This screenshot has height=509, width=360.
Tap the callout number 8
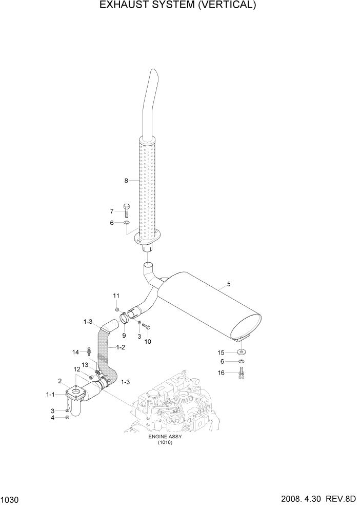click(x=126, y=180)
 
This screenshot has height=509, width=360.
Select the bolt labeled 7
click(x=127, y=210)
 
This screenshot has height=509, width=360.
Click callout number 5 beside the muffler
click(x=229, y=283)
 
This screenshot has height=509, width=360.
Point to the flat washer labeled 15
click(x=241, y=353)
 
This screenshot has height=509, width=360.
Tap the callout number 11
click(x=116, y=296)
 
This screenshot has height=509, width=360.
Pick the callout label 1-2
click(x=121, y=347)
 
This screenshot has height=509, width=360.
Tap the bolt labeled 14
click(x=90, y=352)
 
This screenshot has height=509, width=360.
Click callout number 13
click(x=85, y=364)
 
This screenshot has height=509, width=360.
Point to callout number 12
click(x=76, y=369)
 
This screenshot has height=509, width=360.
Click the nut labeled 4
click(x=68, y=417)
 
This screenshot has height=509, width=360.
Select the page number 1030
click(x=10, y=500)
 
